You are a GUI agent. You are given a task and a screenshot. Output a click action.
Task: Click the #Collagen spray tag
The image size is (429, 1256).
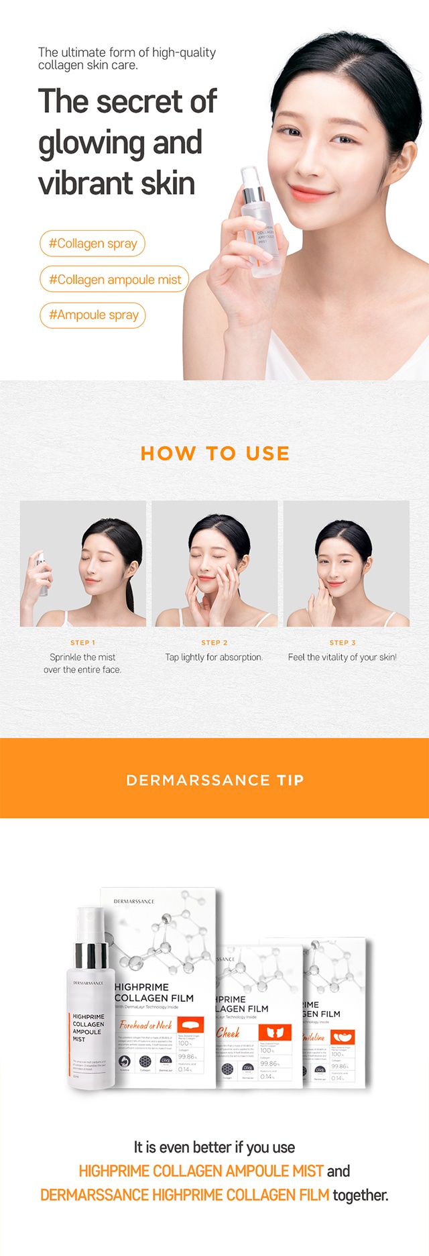(93, 243)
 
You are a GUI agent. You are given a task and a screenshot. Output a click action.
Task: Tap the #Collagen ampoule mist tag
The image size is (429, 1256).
(115, 279)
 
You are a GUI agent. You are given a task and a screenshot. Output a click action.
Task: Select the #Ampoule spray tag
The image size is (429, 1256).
(93, 315)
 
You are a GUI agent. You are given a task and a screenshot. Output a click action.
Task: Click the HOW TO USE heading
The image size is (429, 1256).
(215, 454)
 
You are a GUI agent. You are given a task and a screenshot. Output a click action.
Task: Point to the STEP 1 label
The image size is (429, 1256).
(82, 643)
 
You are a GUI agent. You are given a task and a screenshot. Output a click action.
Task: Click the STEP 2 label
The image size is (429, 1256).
(214, 643)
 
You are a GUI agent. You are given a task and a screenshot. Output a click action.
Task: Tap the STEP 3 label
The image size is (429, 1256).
(343, 643)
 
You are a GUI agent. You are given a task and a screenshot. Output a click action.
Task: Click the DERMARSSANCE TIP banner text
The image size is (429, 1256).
(215, 780)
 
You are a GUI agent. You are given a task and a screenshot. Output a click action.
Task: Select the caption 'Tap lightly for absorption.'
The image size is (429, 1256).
(214, 658)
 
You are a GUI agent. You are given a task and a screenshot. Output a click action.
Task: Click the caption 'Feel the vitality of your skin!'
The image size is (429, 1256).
(342, 658)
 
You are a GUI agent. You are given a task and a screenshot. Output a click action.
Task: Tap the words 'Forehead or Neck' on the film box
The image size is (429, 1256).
(145, 1025)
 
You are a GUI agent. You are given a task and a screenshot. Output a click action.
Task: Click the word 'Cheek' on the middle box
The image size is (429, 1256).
(228, 1033)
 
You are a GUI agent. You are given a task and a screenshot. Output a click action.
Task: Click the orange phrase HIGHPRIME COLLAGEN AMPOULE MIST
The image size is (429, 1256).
(201, 1171)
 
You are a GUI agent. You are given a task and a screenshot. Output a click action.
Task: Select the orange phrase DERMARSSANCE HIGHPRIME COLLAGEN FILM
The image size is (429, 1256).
(185, 1195)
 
